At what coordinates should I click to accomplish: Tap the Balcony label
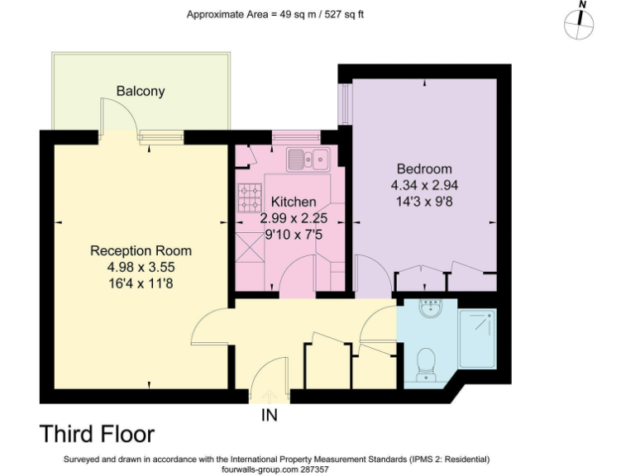[140, 91]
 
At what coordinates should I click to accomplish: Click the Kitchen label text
[294, 202]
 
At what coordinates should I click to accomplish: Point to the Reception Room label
[141, 251]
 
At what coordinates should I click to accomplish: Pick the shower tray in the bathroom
[477, 338]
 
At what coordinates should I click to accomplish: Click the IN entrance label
[270, 415]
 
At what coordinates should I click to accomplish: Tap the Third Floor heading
[98, 434]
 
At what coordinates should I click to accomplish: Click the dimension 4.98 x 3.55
[141, 267]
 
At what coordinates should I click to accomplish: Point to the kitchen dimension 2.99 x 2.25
[294, 218]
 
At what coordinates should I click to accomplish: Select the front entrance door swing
[266, 382]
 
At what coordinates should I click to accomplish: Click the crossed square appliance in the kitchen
[249, 246]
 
